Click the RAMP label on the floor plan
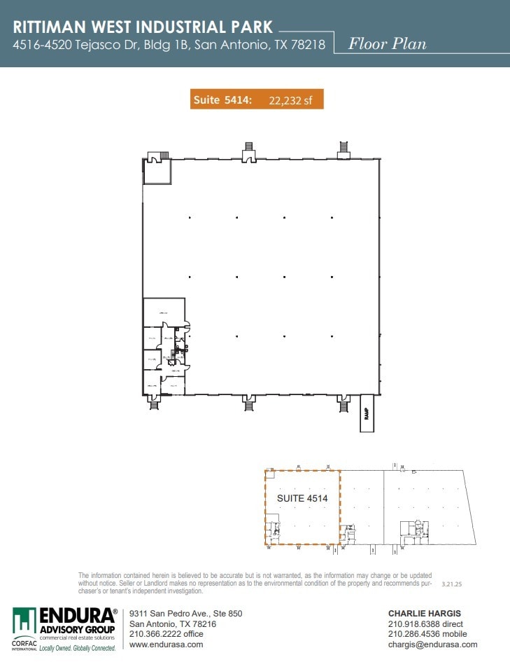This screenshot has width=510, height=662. point(367,414)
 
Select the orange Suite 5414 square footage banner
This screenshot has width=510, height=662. point(257,99)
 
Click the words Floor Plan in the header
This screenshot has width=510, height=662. point(388,43)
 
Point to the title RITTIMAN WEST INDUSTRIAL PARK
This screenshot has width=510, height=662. point(143,27)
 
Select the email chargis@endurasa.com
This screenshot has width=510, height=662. point(432,644)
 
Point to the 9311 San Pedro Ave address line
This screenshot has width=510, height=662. point(185,614)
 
